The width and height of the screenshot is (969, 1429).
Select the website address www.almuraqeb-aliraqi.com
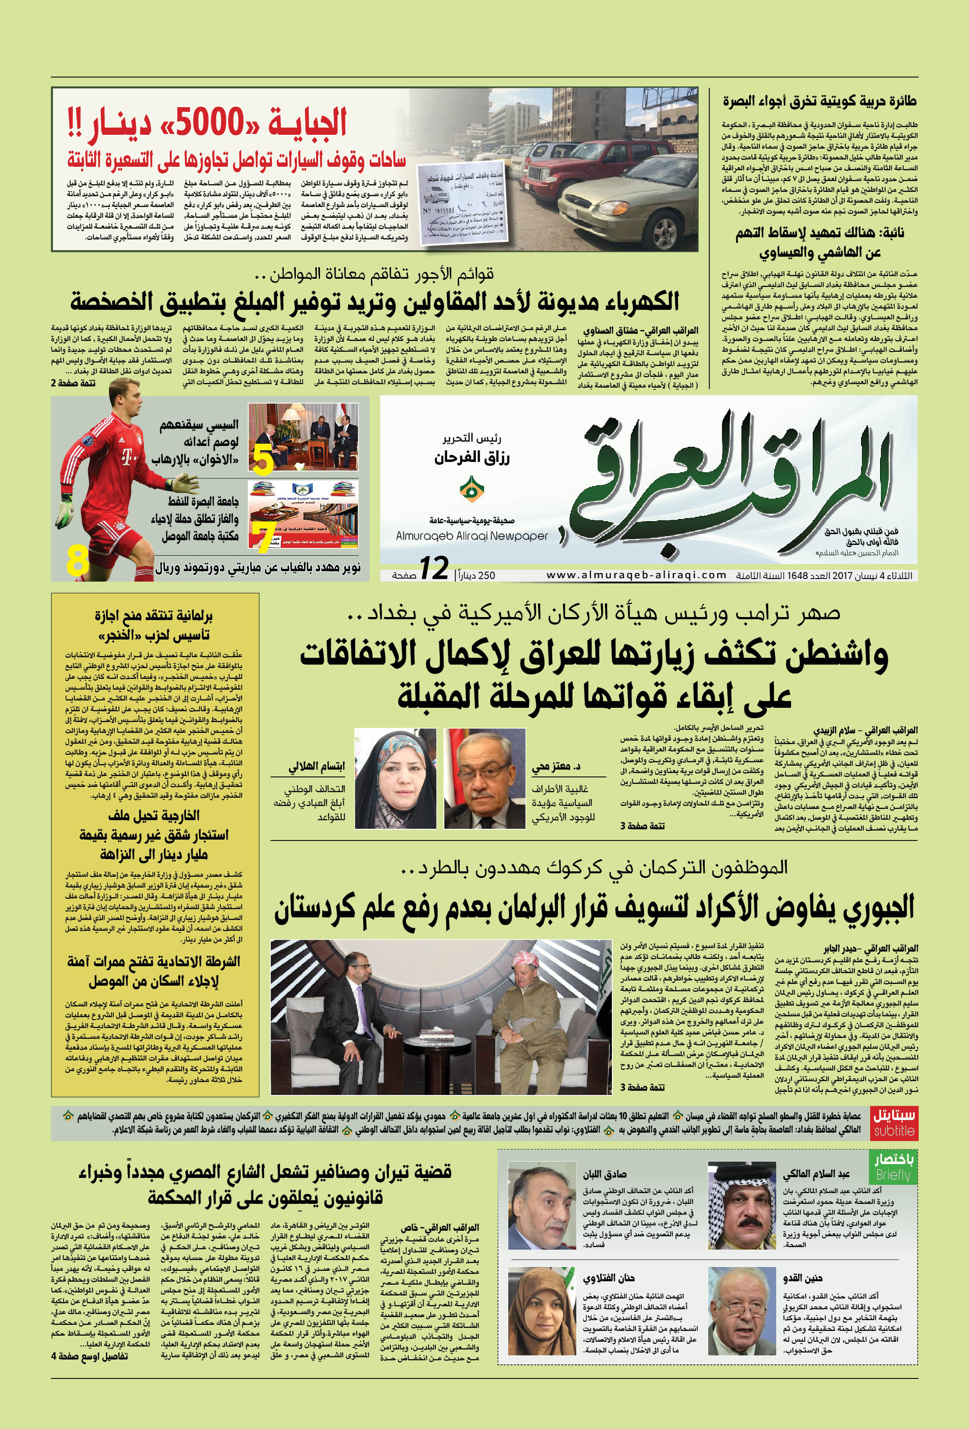coord(636,575)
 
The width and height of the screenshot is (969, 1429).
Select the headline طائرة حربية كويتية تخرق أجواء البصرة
coord(819,100)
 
